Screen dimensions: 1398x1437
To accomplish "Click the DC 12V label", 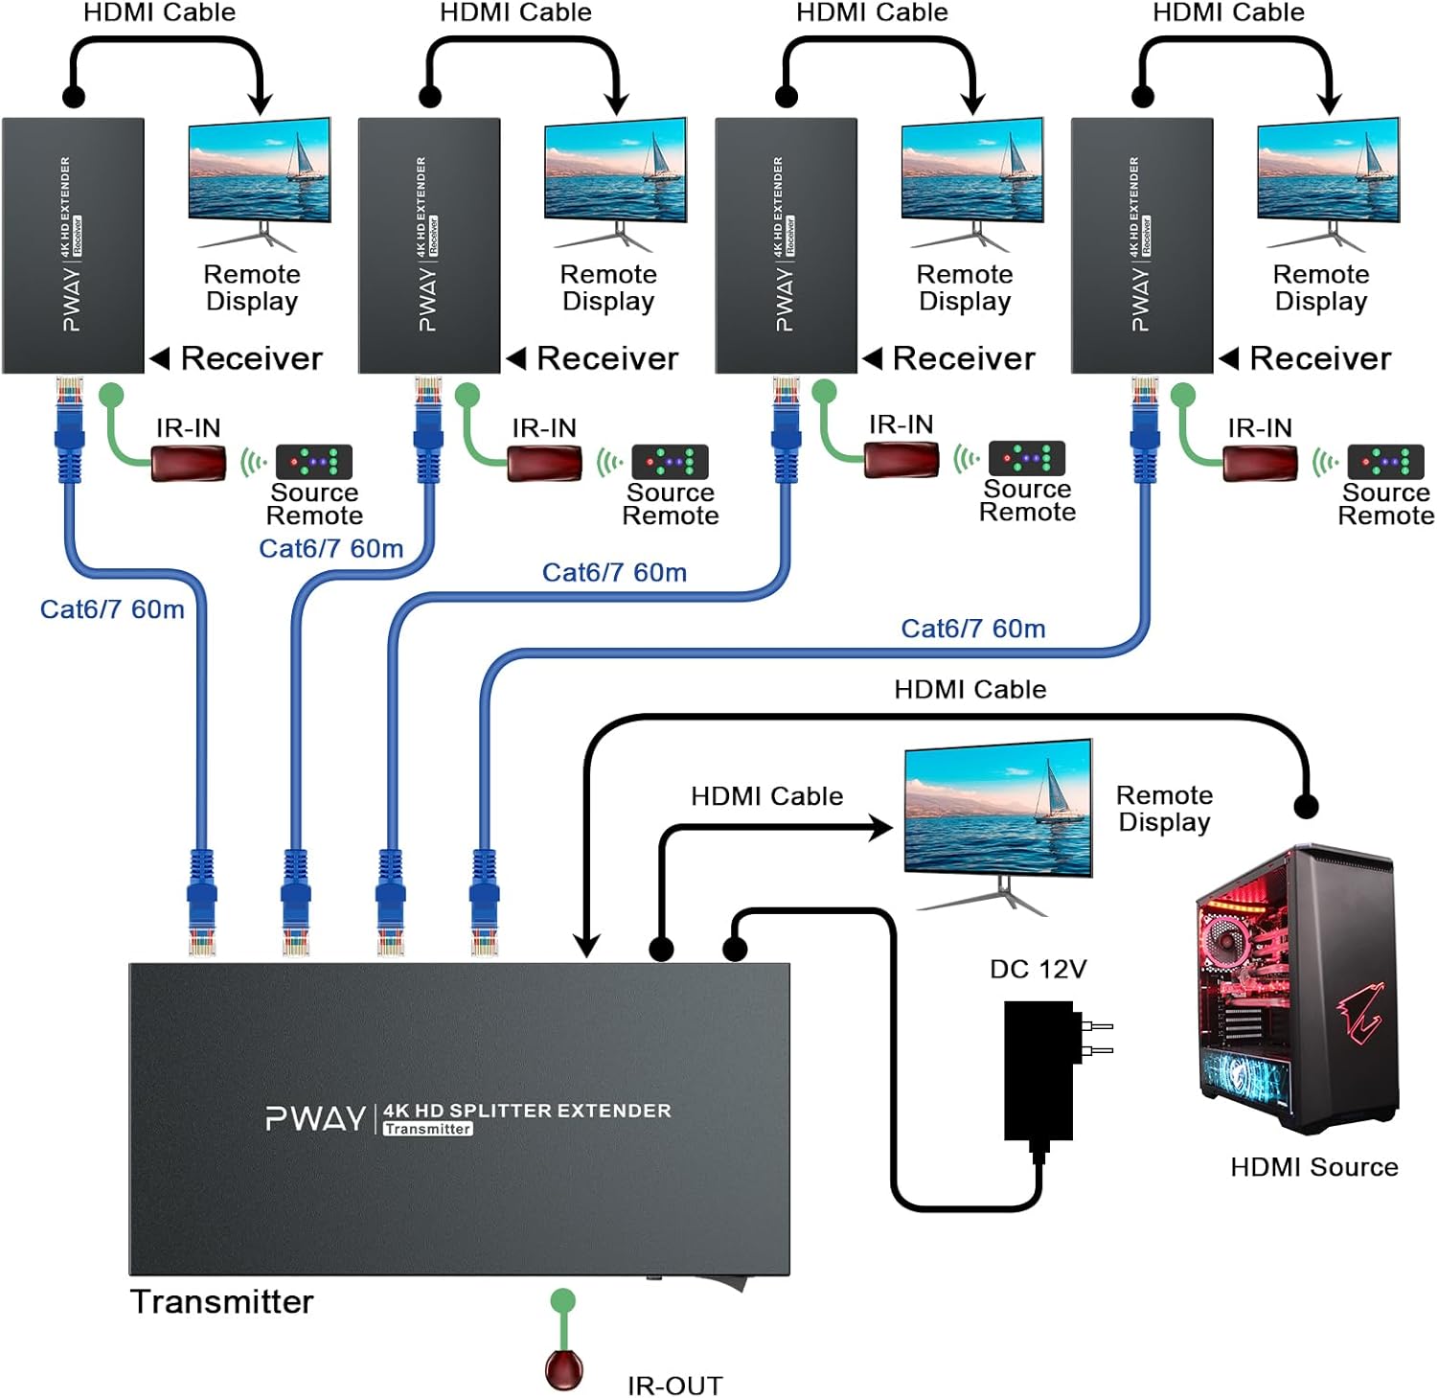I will pos(1038,969).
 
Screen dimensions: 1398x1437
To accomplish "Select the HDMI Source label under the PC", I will pos(1313,1166).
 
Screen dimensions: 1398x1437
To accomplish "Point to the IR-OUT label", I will pos(674,1385).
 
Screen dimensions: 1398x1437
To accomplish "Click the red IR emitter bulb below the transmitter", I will pos(563,1367).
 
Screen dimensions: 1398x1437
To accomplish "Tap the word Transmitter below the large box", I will pos(221,1301).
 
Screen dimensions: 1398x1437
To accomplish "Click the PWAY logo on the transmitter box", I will pos(315,1118).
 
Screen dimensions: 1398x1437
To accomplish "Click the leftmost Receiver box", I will pos(73,245).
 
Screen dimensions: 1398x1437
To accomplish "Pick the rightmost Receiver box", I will pos(1142,245).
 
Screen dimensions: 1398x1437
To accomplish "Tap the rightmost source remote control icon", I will pos(1384,461).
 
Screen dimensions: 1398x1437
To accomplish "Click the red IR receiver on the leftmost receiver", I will pos(188,464).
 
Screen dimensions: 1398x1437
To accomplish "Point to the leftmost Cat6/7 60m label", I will pos(112,608).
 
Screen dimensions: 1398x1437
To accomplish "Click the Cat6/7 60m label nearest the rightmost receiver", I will pos(972,629).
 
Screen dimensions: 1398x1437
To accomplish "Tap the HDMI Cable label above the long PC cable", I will pos(969,689).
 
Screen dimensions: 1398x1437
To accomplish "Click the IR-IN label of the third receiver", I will pos(901,424).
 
